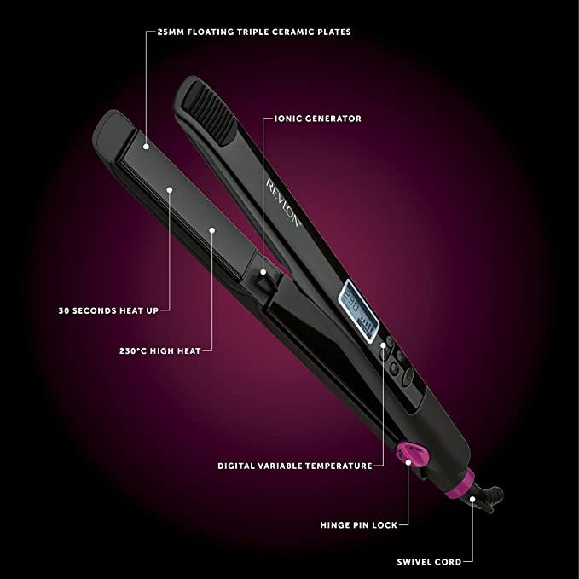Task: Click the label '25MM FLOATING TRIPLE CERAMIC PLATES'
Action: point(254,32)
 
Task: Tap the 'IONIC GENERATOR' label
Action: point(318,119)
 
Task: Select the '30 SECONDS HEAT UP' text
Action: point(108,310)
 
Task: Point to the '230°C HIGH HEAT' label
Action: point(160,350)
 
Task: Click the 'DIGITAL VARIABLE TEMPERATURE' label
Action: point(295,466)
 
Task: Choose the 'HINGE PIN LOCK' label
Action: point(358,525)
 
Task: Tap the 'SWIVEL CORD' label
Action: point(429,562)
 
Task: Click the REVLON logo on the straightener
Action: point(284,202)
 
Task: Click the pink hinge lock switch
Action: point(413,455)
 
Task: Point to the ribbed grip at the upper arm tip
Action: point(210,113)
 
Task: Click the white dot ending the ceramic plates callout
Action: point(146,147)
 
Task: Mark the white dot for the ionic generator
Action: point(263,272)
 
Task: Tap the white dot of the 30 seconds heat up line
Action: point(170,190)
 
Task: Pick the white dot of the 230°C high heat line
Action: point(212,230)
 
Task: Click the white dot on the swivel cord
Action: point(472,499)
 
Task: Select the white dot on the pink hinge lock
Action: point(408,462)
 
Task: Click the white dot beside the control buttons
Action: point(383,345)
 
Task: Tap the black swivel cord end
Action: point(488,498)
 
